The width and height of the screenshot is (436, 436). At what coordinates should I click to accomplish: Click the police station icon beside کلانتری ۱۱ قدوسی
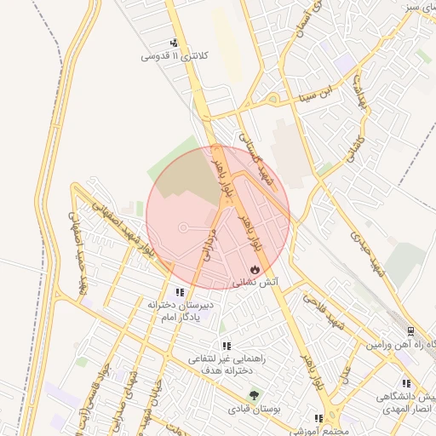[x=175, y=43]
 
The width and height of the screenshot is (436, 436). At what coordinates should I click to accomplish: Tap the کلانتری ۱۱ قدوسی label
[x=175, y=57]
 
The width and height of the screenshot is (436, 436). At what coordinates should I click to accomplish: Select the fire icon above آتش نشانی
[x=255, y=268]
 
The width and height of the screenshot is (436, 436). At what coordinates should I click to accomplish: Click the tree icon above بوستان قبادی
[x=254, y=395]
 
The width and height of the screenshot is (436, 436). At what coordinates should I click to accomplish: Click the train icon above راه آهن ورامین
[x=411, y=331]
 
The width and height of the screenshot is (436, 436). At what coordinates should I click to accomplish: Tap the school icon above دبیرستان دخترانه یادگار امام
[x=180, y=292]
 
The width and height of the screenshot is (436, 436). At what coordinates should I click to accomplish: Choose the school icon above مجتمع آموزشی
[x=318, y=419]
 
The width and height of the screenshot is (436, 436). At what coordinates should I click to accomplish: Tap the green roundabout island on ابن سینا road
[x=272, y=100]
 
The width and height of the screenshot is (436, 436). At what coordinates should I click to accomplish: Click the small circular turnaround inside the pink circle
[x=182, y=227]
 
